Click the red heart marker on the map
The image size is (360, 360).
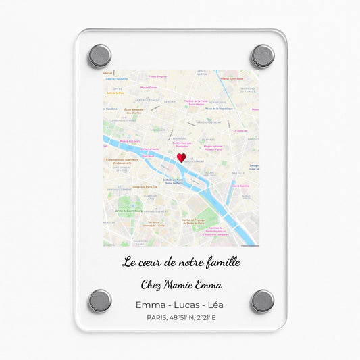coord(181,157)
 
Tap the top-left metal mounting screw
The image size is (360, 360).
coord(100,55)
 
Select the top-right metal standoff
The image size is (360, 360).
coord(262,55)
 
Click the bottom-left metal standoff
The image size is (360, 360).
coord(100,301)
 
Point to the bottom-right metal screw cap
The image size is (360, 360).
coord(262,301)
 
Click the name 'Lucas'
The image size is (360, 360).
coord(181,305)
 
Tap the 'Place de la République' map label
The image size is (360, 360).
coord(219,108)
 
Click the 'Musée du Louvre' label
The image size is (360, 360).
coord(130,141)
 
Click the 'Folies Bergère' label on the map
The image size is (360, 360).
coord(157,77)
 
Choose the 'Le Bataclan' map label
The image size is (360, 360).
coord(241,131)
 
